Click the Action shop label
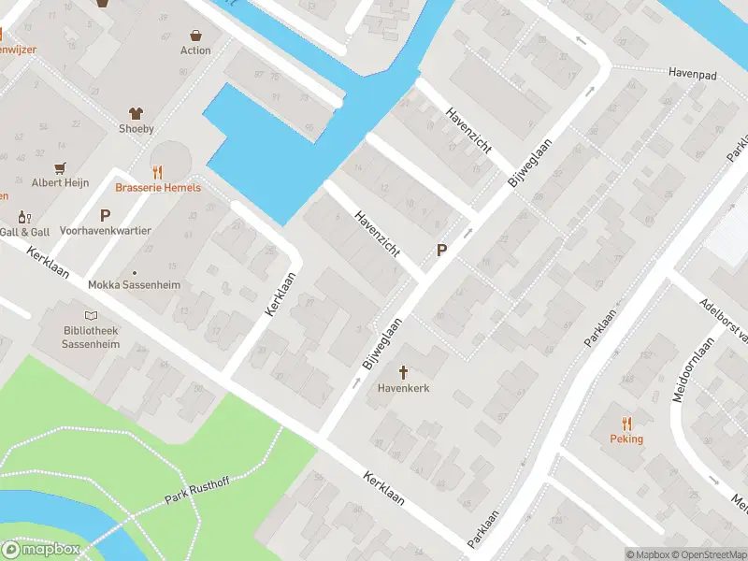[x=195, y=50]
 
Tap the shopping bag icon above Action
[x=195, y=34]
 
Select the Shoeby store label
[x=136, y=129]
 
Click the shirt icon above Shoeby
[x=136, y=111]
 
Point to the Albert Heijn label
[x=60, y=183]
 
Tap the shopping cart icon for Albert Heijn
[x=60, y=167]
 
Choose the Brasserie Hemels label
[x=157, y=187]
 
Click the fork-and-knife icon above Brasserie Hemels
[x=157, y=171]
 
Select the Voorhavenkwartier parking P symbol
[x=105, y=215]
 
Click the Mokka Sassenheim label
[x=134, y=285]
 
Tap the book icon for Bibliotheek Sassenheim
[x=91, y=316]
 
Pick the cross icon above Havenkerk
[x=403, y=372]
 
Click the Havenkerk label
[x=403, y=388]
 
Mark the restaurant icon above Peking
[x=627, y=423]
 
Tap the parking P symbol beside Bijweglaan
[x=441, y=251]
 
